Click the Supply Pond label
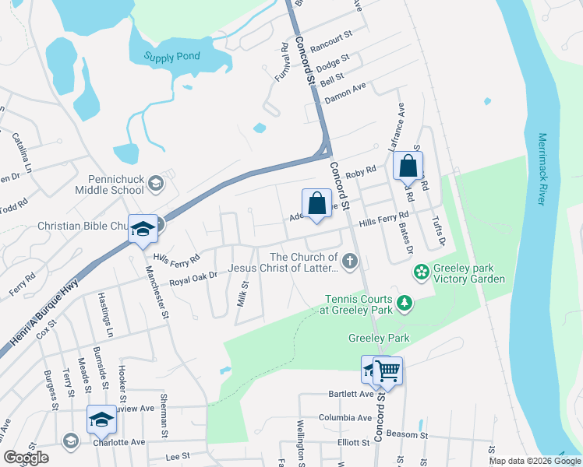pyautogui.click(x=172, y=56)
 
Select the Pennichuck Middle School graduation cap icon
pyautogui.click(x=155, y=183)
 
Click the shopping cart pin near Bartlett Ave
pyautogui.click(x=387, y=370)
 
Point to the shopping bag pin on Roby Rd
pyautogui.click(x=408, y=166)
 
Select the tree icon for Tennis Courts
pyautogui.click(x=405, y=302)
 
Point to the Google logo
pyautogui.click(x=26, y=457)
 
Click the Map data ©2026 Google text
pyautogui.click(x=534, y=461)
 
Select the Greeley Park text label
pyautogui.click(x=378, y=338)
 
